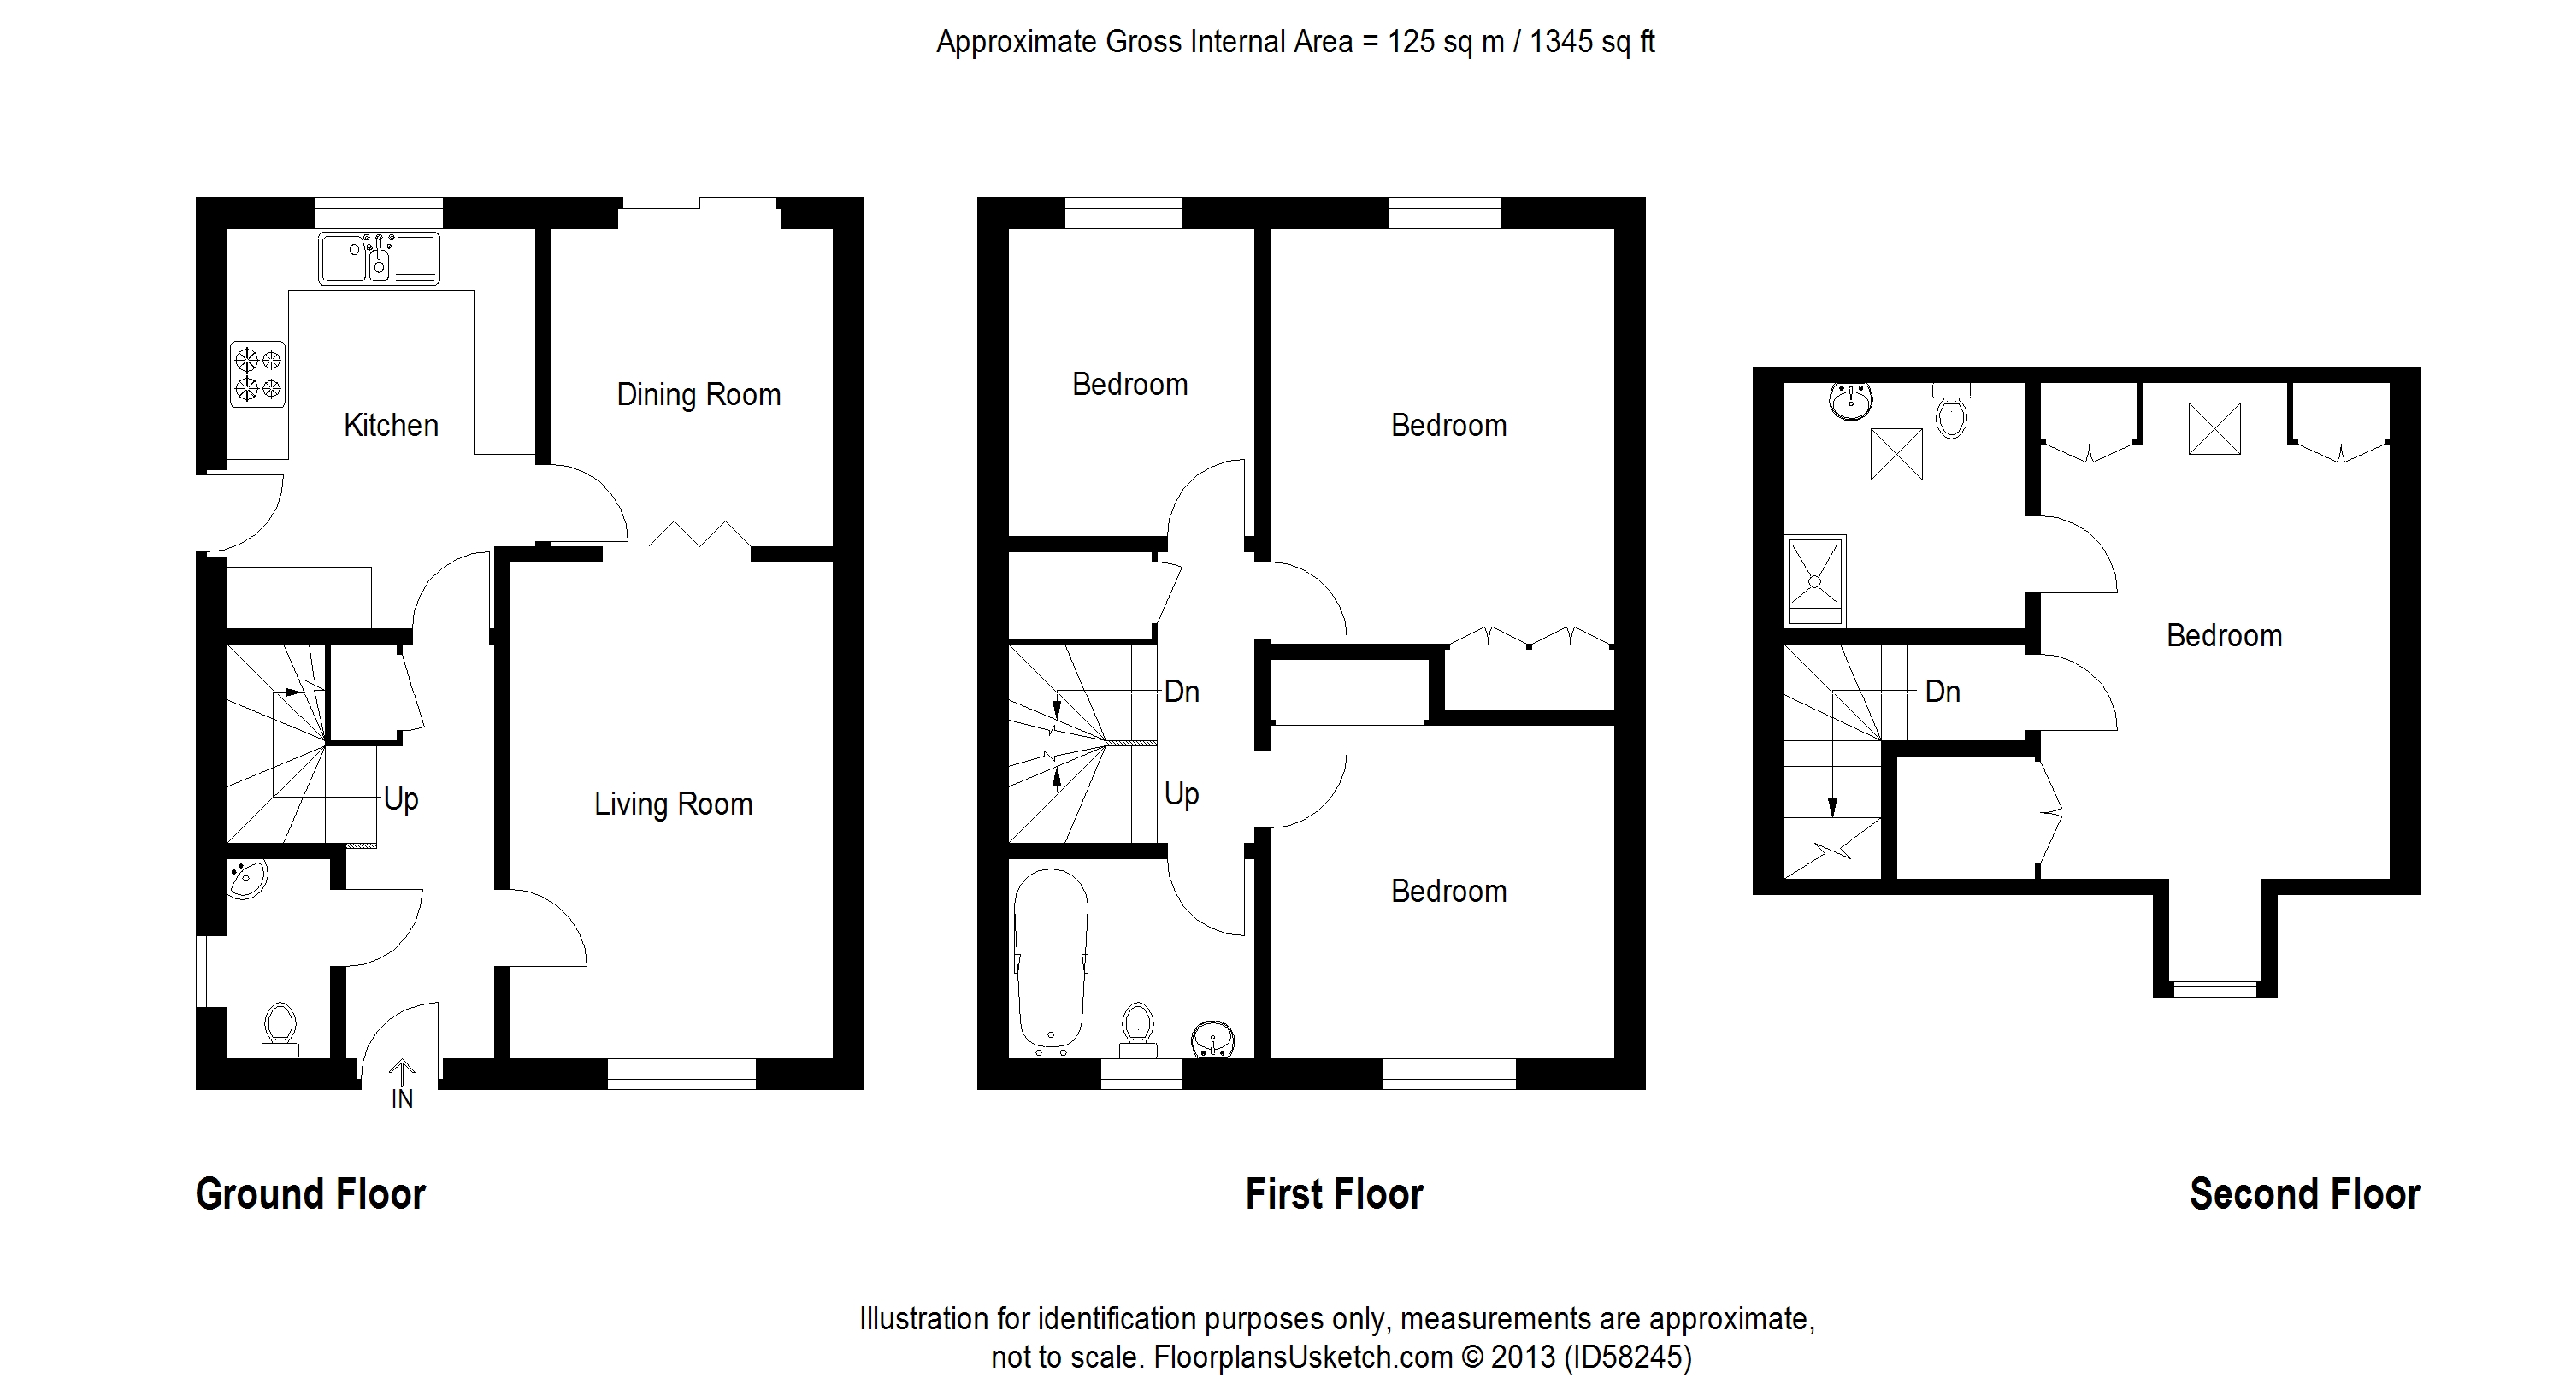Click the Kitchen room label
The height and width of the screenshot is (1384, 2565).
(x=392, y=425)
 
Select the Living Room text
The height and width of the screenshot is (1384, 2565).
(x=673, y=804)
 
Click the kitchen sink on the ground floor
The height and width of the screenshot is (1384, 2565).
(x=379, y=258)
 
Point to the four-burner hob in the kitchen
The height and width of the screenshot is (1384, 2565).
(x=258, y=374)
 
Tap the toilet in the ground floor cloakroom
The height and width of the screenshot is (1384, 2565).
(x=280, y=1028)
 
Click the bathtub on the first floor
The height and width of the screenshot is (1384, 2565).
(x=1051, y=962)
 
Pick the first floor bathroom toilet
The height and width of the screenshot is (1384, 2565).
(x=1137, y=1029)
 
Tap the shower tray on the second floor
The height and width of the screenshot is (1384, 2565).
(x=1815, y=580)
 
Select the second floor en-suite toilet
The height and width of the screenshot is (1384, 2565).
(x=1952, y=411)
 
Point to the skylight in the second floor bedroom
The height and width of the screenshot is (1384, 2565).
(x=2214, y=428)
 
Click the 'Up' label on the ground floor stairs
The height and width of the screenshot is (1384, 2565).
(x=401, y=798)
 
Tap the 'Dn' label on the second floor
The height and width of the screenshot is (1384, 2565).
(x=1943, y=691)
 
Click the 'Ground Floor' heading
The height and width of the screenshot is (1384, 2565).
(x=310, y=1194)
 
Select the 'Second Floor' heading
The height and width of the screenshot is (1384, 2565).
(x=2305, y=1194)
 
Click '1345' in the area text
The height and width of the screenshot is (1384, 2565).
(x=1561, y=42)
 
